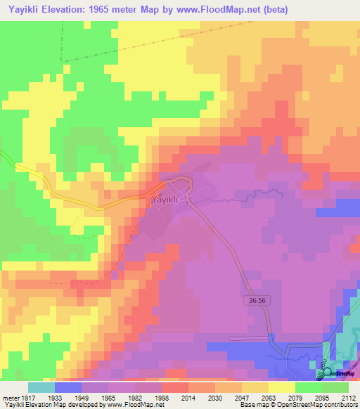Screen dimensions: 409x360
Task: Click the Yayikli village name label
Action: click(168, 200)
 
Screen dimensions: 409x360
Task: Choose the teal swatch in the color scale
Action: click(41, 387)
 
